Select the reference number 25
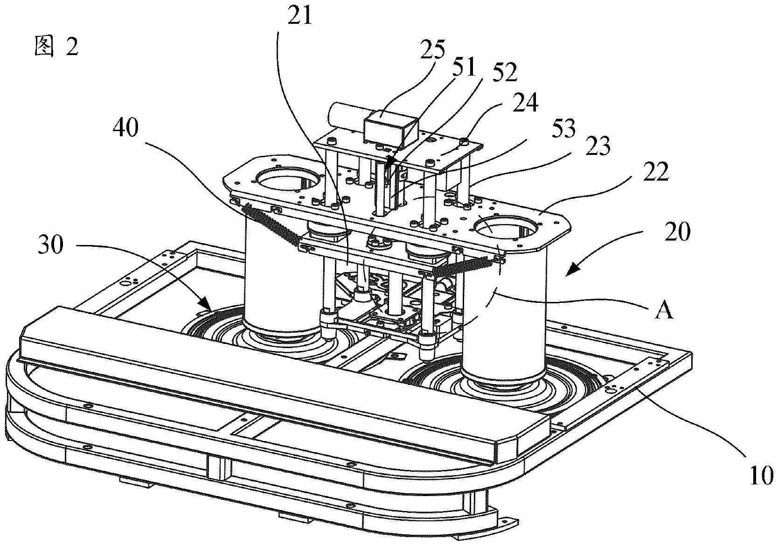[432, 49]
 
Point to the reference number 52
[505, 73]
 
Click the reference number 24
[525, 103]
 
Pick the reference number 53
[563, 128]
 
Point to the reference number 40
[125, 127]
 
